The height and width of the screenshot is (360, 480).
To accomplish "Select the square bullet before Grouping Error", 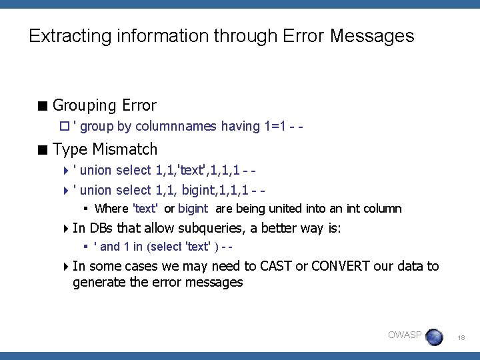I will pyautogui.click(x=43, y=105).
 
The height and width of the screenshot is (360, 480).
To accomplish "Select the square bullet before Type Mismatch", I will pyautogui.click(x=43, y=149).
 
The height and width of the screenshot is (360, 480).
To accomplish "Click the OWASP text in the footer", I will pyautogui.click(x=405, y=335).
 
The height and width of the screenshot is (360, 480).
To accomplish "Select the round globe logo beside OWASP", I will pyautogui.click(x=435, y=337).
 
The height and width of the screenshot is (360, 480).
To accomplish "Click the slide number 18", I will pyautogui.click(x=461, y=338).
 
